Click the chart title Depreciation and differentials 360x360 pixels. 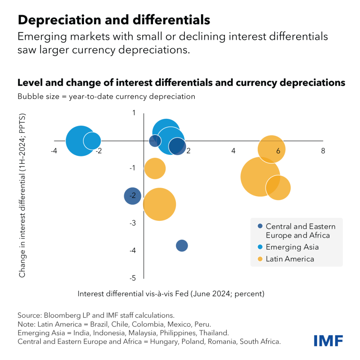pyautogui.click(x=114, y=20)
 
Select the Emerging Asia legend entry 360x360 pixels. pyautogui.click(x=292, y=247)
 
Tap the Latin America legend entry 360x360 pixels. pyautogui.click(x=290, y=259)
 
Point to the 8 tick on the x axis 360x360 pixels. pyautogui.click(x=323, y=151)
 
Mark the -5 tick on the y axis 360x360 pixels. pyautogui.click(x=133, y=278)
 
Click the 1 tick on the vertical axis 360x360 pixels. pyautogui.click(x=134, y=112)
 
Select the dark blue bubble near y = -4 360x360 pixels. pyautogui.click(x=181, y=245)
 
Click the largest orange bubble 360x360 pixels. pyautogui.click(x=260, y=177)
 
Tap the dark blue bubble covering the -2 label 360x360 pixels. pyautogui.click(x=133, y=196)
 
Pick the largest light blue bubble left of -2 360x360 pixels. pyautogui.click(x=81, y=141)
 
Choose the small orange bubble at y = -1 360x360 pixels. pyautogui.click(x=155, y=168)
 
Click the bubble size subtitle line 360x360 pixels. pyautogui.click(x=106, y=96)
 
